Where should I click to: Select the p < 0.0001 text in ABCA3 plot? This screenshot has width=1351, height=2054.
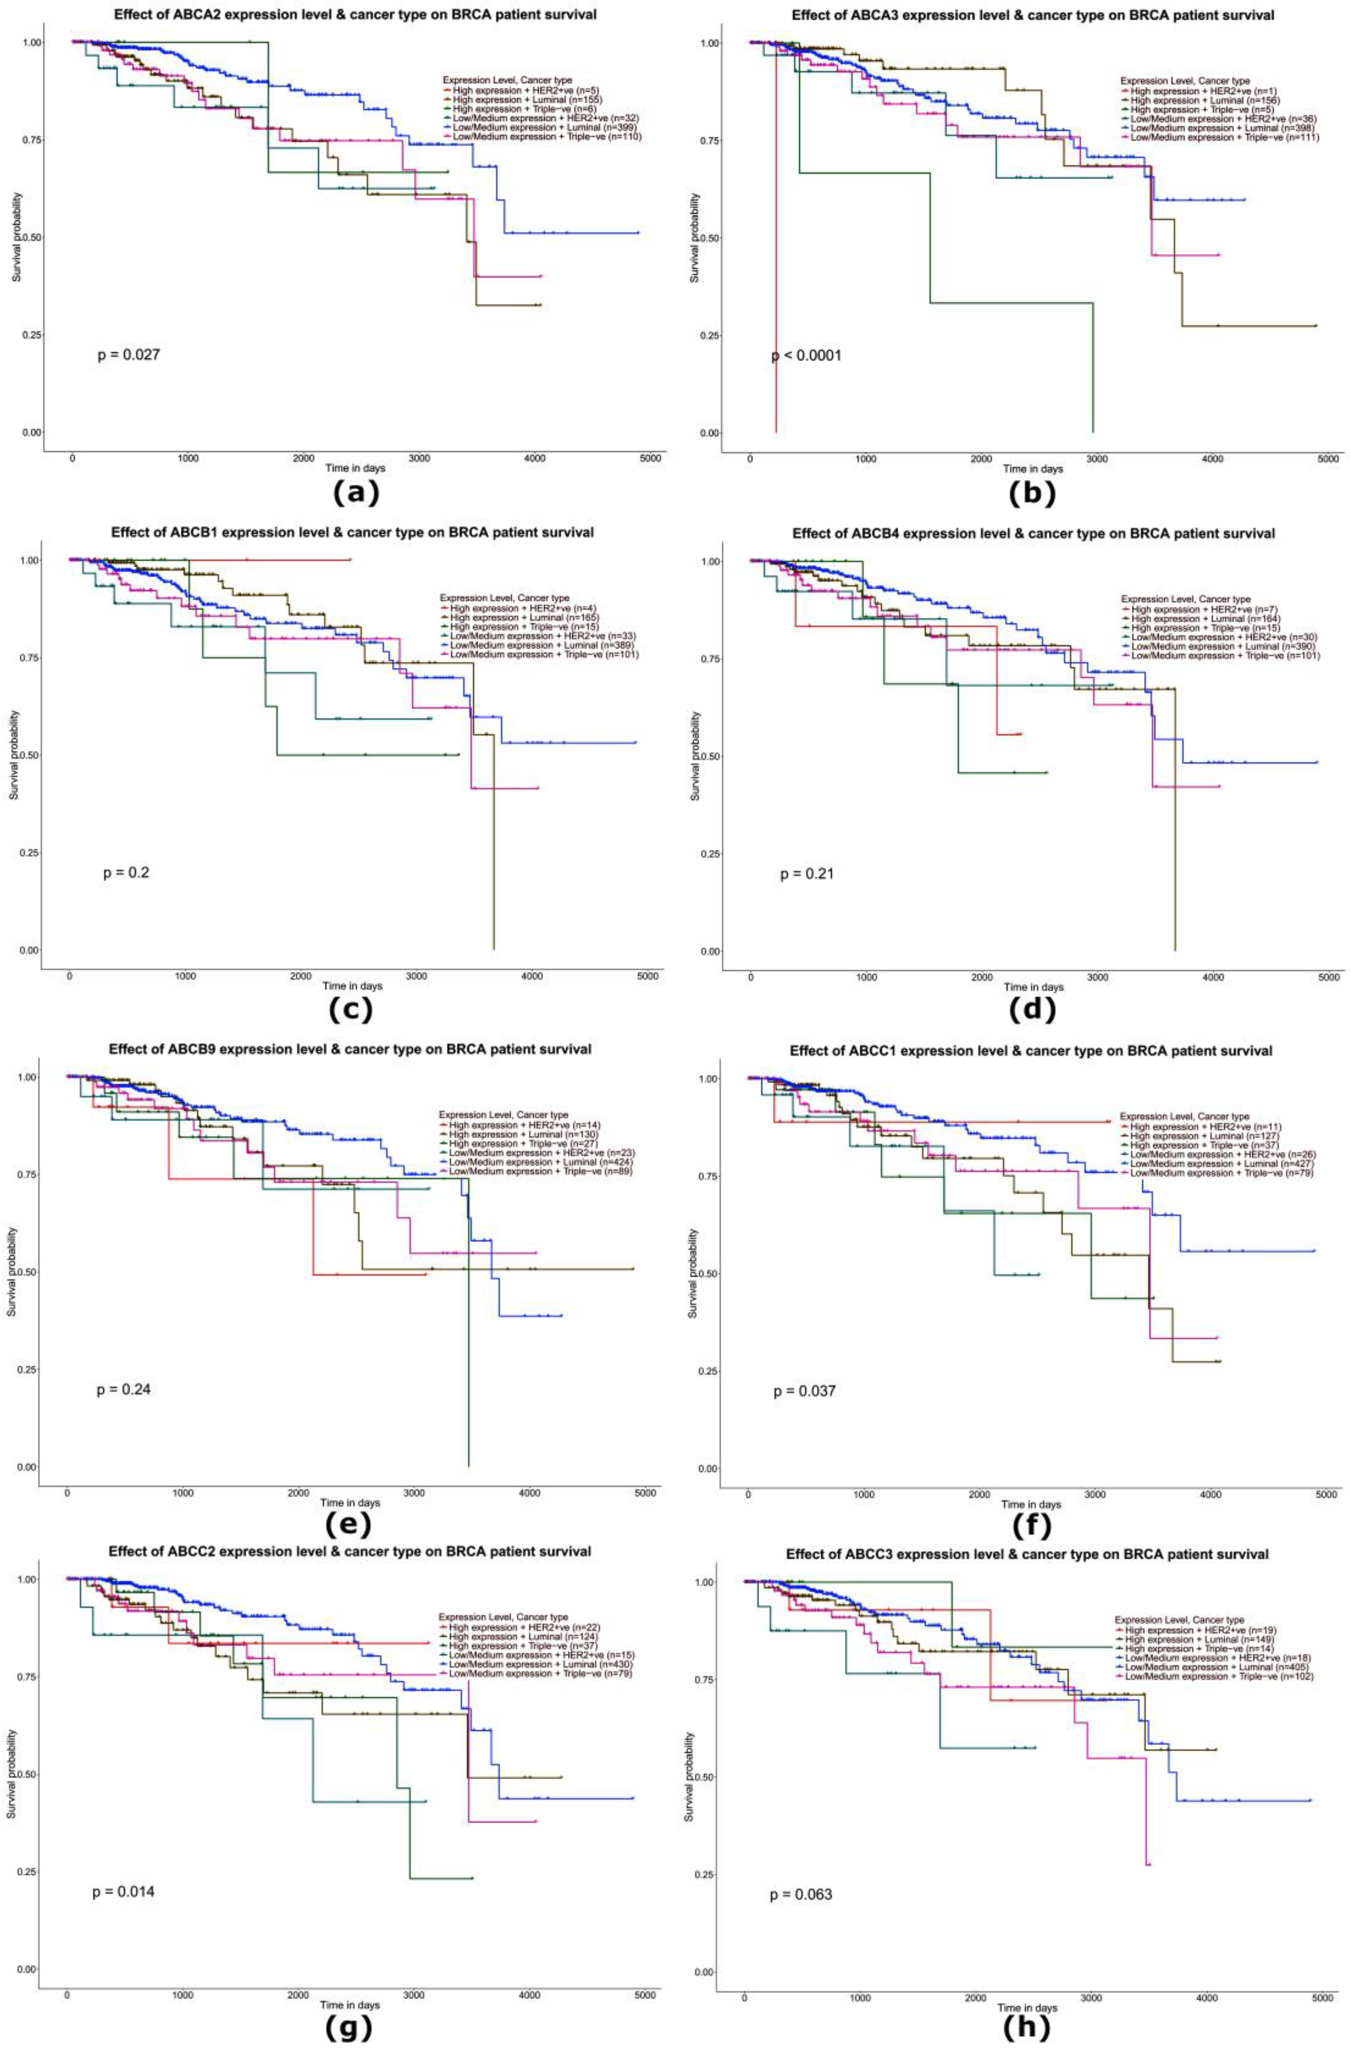click(806, 356)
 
